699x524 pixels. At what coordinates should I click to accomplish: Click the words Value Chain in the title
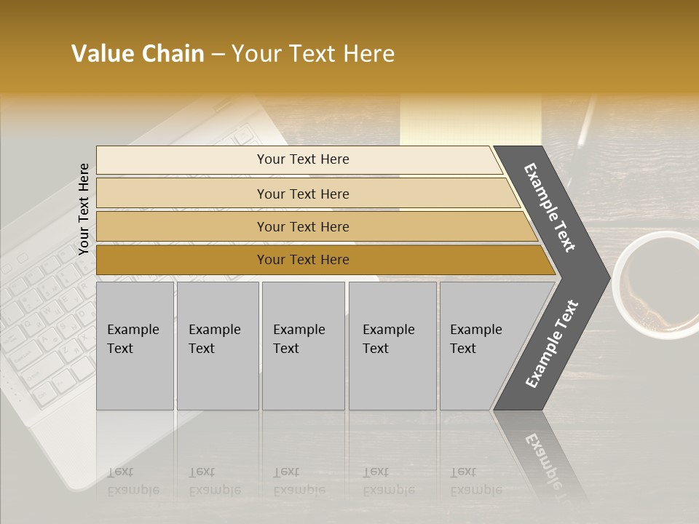(138, 54)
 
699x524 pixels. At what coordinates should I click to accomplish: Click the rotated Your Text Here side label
(84, 209)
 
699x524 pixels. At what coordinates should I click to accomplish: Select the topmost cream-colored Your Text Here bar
(302, 159)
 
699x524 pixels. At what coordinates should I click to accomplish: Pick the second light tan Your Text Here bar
(302, 194)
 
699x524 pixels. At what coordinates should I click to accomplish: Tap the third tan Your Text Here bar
(302, 226)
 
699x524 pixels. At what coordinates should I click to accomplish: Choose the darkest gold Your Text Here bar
(302, 260)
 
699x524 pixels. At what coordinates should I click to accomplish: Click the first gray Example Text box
(135, 345)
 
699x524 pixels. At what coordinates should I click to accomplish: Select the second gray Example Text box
(217, 345)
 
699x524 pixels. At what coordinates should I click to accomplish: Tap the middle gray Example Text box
(303, 345)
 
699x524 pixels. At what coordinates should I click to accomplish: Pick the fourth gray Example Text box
(392, 345)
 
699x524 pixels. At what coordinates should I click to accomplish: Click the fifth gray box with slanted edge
(481, 345)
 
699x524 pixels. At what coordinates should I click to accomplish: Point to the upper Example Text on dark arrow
(550, 207)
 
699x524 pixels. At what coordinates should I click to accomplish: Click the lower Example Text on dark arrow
(552, 344)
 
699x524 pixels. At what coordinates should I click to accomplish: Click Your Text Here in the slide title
(313, 54)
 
